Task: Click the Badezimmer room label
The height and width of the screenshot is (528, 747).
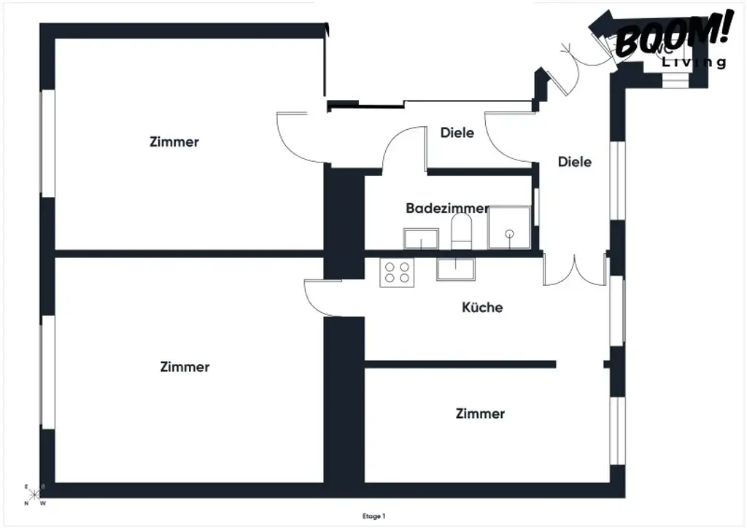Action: [x=447, y=209]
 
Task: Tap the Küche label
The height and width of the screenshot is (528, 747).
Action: [x=482, y=307]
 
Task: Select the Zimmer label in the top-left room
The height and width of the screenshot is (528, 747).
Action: [x=174, y=141]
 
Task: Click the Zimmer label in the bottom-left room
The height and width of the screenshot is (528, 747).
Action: [x=185, y=367]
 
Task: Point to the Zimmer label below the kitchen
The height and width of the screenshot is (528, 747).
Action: [x=480, y=414]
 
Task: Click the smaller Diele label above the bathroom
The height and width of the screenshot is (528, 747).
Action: [x=457, y=133]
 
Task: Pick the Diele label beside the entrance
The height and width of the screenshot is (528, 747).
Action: [x=575, y=162]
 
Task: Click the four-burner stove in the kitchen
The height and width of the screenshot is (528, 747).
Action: [x=397, y=272]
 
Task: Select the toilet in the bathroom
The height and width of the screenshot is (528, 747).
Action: [x=462, y=231]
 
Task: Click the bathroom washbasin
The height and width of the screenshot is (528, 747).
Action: [x=421, y=238]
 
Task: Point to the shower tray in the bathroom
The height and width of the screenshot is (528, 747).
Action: [x=509, y=227]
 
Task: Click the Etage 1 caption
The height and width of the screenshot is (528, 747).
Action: [x=373, y=516]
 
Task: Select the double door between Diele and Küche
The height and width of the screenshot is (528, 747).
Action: [x=575, y=270]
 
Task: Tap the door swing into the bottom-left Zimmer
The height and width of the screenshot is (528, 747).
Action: [x=320, y=298]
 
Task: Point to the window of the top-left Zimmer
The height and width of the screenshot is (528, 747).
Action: [x=47, y=142]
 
